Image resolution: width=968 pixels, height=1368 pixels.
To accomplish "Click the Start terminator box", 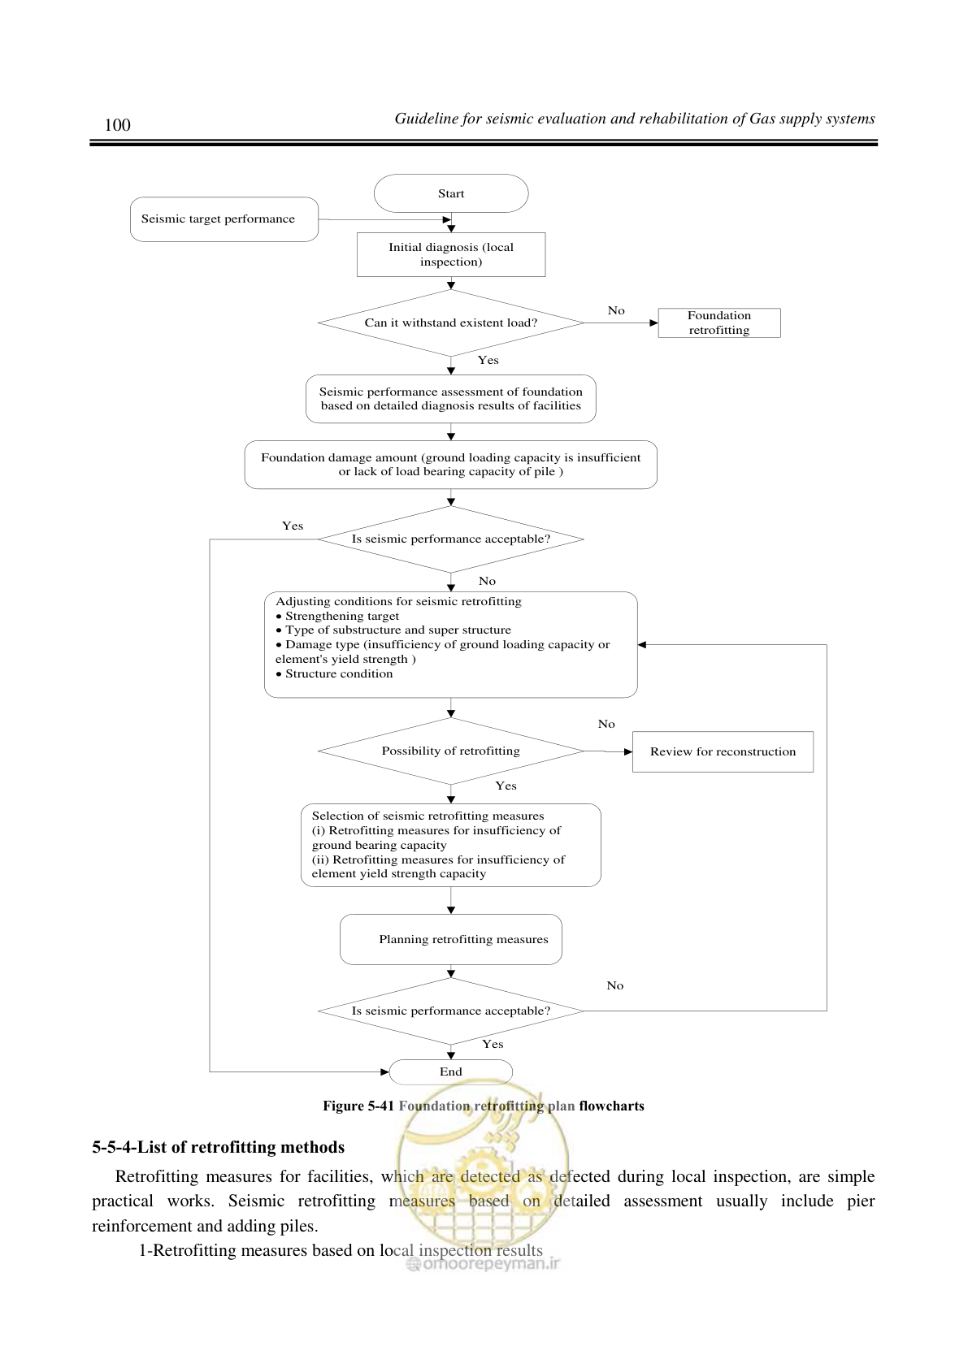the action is click(x=451, y=193).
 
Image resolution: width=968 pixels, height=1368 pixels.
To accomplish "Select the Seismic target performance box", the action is click(x=224, y=219).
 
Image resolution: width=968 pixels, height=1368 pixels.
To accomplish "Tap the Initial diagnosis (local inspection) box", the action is click(x=451, y=254).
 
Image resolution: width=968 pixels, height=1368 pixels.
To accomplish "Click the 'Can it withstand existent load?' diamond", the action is click(x=451, y=323).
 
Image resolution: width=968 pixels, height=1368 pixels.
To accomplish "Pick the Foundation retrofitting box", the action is click(x=719, y=323).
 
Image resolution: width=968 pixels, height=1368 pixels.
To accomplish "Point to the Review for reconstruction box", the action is click(x=723, y=751).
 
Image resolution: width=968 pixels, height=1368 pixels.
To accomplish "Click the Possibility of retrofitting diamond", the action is click(x=451, y=751).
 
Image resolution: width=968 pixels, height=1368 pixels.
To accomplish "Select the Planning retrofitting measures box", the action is click(x=451, y=939).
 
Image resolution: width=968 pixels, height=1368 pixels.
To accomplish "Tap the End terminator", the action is click(x=451, y=1071).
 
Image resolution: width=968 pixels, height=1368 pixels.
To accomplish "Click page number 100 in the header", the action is click(x=117, y=125).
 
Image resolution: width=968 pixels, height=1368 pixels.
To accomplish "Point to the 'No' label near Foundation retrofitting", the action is click(x=616, y=311).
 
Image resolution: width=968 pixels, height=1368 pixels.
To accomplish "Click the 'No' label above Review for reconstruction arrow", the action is click(x=606, y=725).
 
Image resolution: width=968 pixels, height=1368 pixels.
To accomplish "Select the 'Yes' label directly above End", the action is click(x=493, y=1045).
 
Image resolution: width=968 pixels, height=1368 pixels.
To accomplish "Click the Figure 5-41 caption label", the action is click(x=358, y=1106).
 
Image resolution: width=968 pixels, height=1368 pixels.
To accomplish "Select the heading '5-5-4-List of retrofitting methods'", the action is click(x=218, y=1148).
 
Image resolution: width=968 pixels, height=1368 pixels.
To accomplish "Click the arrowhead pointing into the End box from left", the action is click(x=384, y=1071).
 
